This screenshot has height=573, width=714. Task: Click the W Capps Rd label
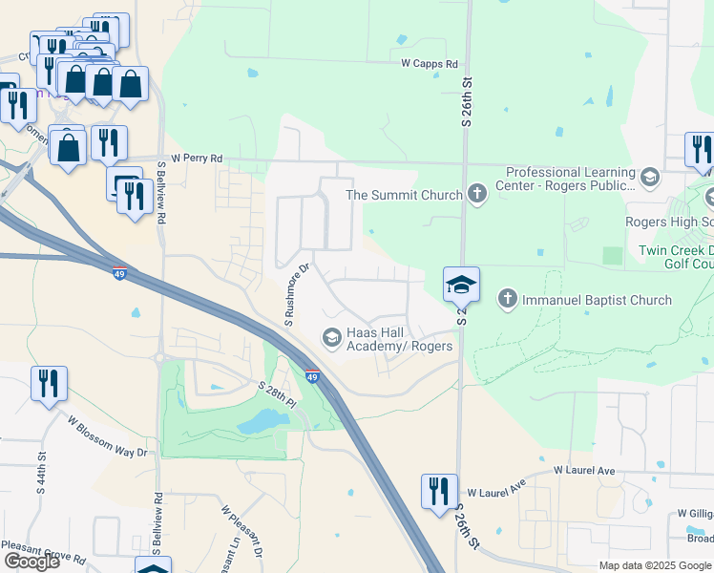(x=430, y=64)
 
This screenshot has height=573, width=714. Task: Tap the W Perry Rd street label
(x=197, y=158)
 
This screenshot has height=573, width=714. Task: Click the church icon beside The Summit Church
(x=478, y=195)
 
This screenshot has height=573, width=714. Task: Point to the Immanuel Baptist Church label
(x=598, y=300)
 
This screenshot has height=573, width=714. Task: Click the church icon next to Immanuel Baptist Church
(x=509, y=300)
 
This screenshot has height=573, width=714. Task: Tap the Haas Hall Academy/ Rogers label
(x=398, y=337)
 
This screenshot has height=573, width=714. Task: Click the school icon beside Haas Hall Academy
(x=331, y=336)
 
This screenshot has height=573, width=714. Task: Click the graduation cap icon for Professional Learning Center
(x=649, y=177)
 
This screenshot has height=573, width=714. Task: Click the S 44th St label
(x=41, y=473)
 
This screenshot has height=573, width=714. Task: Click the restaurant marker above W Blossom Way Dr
(x=48, y=383)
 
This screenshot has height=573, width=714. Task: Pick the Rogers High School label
(x=668, y=222)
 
